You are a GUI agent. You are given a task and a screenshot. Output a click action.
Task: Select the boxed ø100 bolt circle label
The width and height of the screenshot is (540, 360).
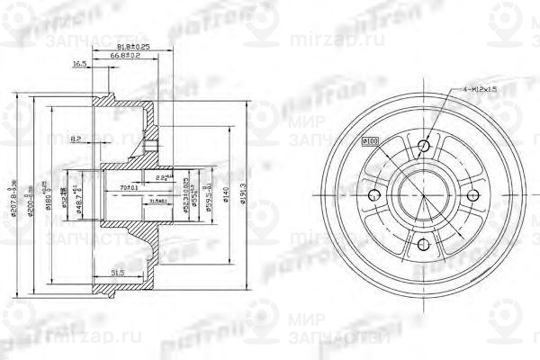pos(369,140)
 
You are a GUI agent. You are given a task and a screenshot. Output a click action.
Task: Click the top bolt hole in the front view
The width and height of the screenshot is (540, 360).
pos(426,145)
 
